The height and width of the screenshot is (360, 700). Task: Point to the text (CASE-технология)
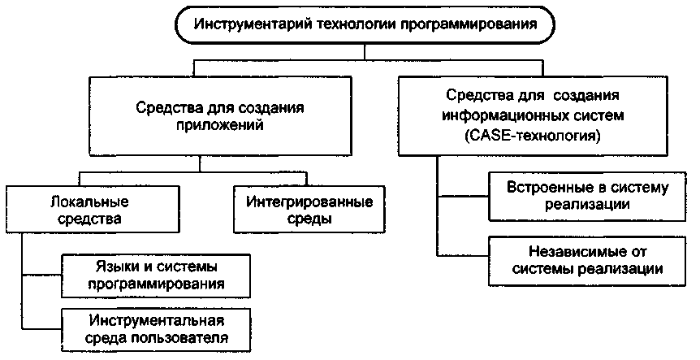click(534, 137)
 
